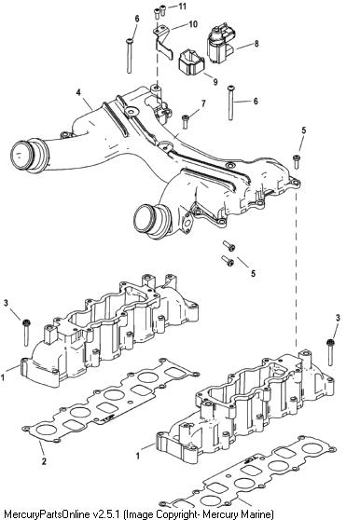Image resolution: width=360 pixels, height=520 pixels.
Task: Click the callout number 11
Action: coord(182,7)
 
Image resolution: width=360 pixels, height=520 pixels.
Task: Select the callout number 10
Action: coord(192,24)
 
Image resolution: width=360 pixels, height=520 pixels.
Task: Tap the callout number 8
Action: coord(256,44)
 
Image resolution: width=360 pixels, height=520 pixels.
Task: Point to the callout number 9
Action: coord(215,81)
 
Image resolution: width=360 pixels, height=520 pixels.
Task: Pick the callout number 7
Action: coord(203,103)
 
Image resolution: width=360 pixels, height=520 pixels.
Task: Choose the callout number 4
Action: coord(78,92)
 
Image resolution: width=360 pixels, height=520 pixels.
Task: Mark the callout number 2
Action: coord(44,461)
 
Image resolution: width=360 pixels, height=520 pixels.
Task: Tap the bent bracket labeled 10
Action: coord(163,43)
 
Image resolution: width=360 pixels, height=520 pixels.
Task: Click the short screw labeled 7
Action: coord(186,122)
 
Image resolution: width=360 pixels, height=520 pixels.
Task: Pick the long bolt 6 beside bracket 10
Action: coord(130,56)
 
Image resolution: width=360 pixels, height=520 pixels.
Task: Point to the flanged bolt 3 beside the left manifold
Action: coord(26,333)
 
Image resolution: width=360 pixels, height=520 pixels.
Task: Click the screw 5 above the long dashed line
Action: coord(297,162)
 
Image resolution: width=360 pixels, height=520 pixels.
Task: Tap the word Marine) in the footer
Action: coord(258,514)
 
